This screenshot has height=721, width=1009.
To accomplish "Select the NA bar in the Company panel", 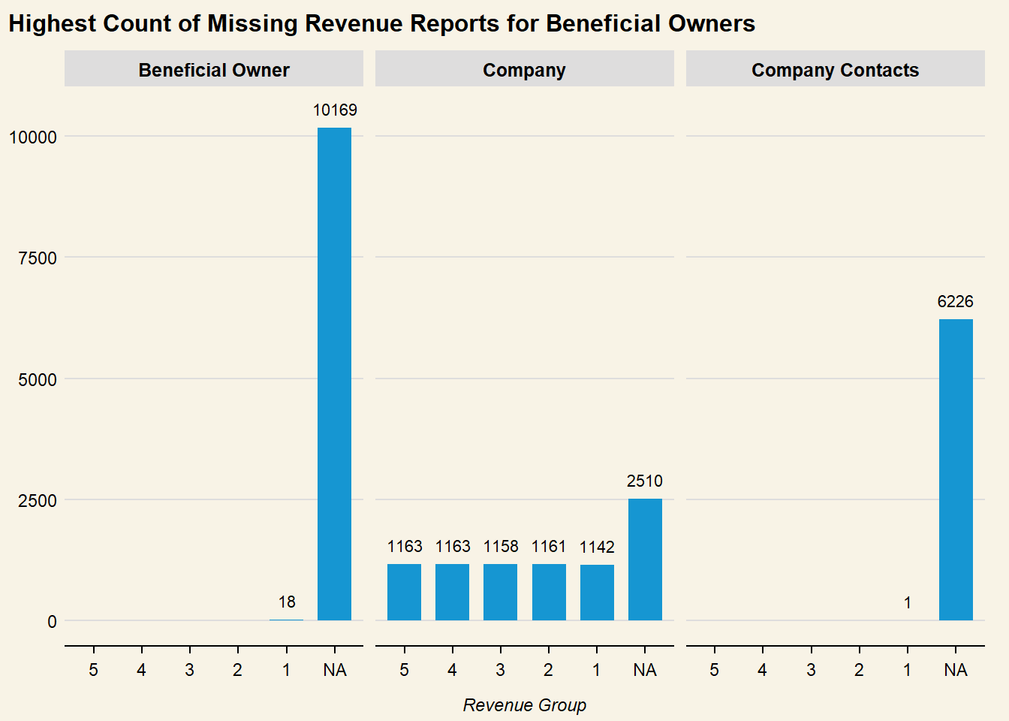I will pyautogui.click(x=645, y=560).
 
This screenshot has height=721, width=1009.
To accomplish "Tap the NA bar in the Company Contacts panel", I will pyautogui.click(x=956, y=469).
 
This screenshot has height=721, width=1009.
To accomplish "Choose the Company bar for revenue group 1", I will pyautogui.click(x=597, y=593).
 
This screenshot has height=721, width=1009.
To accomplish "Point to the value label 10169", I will pyautogui.click(x=335, y=110).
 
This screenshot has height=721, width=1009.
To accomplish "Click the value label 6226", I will pyautogui.click(x=955, y=302).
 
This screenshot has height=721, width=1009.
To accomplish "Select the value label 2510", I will pyautogui.click(x=645, y=481).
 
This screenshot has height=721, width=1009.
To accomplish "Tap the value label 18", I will pyautogui.click(x=287, y=602).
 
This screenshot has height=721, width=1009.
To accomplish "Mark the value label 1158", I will pyautogui.click(x=501, y=547).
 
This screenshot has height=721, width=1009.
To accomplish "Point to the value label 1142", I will pyautogui.click(x=597, y=548).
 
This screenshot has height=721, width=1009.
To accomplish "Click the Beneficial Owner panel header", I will pyautogui.click(x=214, y=70).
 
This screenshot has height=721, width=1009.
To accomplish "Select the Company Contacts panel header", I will pyautogui.click(x=835, y=70).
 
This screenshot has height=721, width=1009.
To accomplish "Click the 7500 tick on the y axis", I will pyautogui.click(x=38, y=258).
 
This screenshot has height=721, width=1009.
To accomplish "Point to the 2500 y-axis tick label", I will pyautogui.click(x=38, y=501).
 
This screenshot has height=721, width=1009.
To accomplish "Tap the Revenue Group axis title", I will pyautogui.click(x=524, y=705).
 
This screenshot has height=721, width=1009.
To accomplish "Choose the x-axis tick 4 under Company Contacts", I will pyautogui.click(x=762, y=670).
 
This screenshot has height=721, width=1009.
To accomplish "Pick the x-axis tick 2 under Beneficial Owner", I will pyautogui.click(x=237, y=670).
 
